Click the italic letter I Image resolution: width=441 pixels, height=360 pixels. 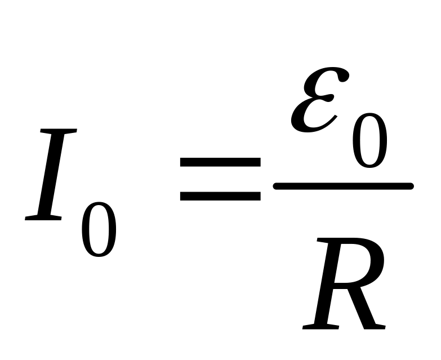click(x=51, y=175)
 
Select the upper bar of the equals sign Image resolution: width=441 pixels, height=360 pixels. click(x=220, y=162)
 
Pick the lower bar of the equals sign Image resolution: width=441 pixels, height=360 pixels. click(x=220, y=196)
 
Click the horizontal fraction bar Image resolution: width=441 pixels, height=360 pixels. click(x=343, y=185)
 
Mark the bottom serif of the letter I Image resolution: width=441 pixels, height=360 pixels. click(x=43, y=217)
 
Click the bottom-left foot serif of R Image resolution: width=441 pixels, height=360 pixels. click(x=315, y=327)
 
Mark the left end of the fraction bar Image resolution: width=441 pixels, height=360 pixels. click(x=277, y=185)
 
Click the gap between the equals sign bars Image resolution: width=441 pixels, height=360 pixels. click(x=220, y=179)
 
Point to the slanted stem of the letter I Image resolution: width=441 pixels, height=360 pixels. click(x=51, y=175)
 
